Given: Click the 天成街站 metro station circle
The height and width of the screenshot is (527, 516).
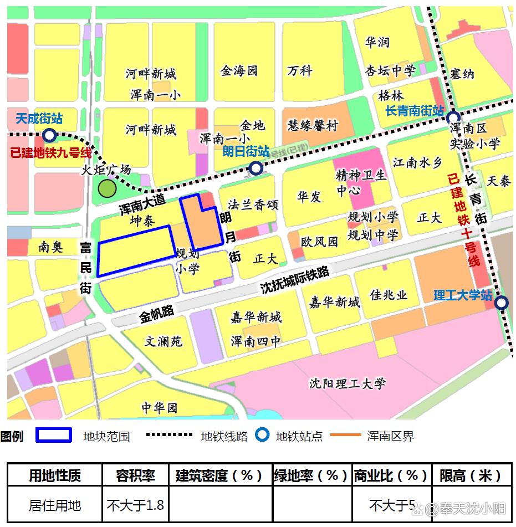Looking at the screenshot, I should point(49,135).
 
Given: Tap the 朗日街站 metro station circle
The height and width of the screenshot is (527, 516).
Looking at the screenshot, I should point(256,168).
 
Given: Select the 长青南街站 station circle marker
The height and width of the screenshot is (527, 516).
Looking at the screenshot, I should point(453,117).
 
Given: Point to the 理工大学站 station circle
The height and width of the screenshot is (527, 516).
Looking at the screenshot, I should point(501,303).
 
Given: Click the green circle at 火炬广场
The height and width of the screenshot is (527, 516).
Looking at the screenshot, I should point(106,188).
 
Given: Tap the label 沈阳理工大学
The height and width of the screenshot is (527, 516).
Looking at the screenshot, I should point(347,383).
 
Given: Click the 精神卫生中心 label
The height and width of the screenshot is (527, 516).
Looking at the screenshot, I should point(361,183).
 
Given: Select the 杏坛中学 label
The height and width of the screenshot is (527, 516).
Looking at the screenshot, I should point(390,70).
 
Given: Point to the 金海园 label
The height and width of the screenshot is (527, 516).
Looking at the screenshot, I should point(239,70).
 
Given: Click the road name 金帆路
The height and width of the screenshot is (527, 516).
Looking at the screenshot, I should point(157,315).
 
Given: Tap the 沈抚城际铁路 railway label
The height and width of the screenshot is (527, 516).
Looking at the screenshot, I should point(295,280).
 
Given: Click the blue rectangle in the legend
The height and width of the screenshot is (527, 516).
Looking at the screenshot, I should point(54,435).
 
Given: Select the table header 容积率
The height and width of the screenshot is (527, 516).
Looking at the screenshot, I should point(135,475).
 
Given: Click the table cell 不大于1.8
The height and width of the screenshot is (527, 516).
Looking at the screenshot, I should point(135,505).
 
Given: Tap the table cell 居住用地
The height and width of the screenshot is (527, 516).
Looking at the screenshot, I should point(55,505).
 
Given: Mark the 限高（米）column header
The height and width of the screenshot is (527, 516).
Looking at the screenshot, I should point(471,475).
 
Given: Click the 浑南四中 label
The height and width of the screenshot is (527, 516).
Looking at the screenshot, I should point(256,341).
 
